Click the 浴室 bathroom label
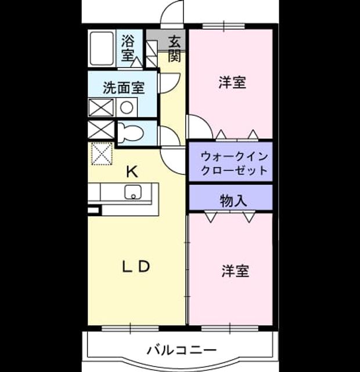click(127, 48)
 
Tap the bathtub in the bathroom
click(102, 48)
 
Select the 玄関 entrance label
click(174, 49)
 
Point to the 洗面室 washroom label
click(124, 88)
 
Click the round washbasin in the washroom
click(127, 107)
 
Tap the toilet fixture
click(130, 133)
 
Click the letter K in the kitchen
click(132, 172)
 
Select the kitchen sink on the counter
click(133, 192)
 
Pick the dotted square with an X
click(102, 153)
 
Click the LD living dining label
click(136, 266)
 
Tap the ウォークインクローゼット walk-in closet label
click(234, 163)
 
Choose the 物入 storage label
click(233, 201)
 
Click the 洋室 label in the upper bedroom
click(232, 82)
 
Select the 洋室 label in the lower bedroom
click(235, 271)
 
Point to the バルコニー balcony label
click(182, 350)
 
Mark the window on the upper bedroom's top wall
click(224, 26)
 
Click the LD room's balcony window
click(130, 328)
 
